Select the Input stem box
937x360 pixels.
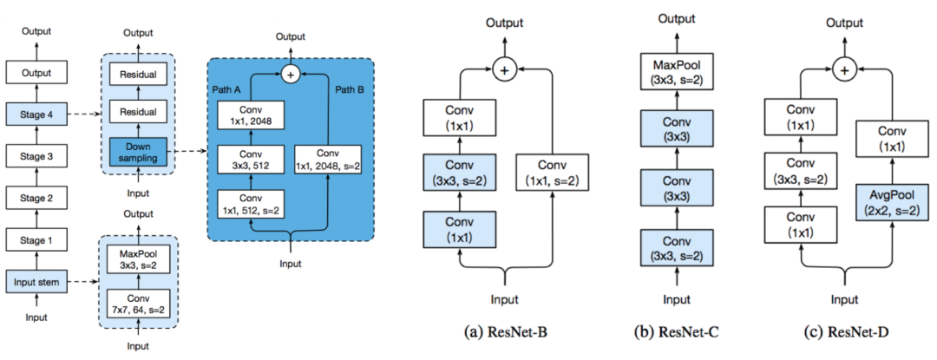point(36,280)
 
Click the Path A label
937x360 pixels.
point(226,89)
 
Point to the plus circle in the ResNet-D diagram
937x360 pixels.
point(841,70)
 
